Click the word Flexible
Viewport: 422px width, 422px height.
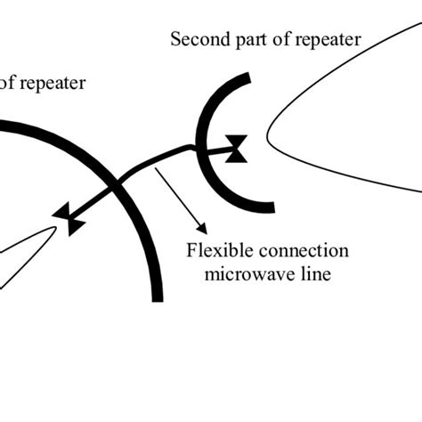pyautogui.click(x=214, y=251)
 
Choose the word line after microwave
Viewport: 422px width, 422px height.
pyautogui.click(x=313, y=273)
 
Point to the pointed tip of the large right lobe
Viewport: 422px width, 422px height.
pyautogui.click(x=267, y=137)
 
